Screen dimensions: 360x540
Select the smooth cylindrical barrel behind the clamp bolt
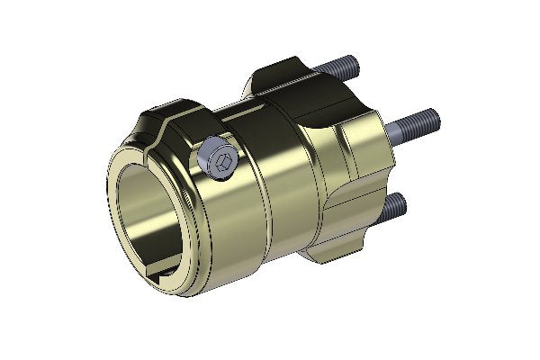click(x=261, y=198)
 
